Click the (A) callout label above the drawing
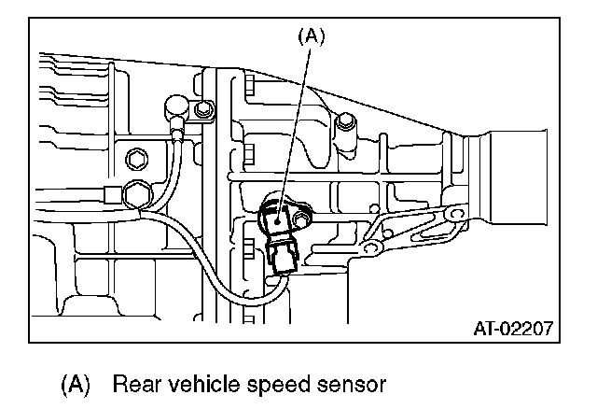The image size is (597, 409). [x=311, y=37]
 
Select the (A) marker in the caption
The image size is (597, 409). [x=76, y=383]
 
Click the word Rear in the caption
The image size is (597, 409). [x=133, y=383]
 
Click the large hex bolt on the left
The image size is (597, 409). [x=135, y=195]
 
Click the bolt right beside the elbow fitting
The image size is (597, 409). [x=201, y=110]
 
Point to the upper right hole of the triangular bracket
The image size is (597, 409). [x=454, y=217]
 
